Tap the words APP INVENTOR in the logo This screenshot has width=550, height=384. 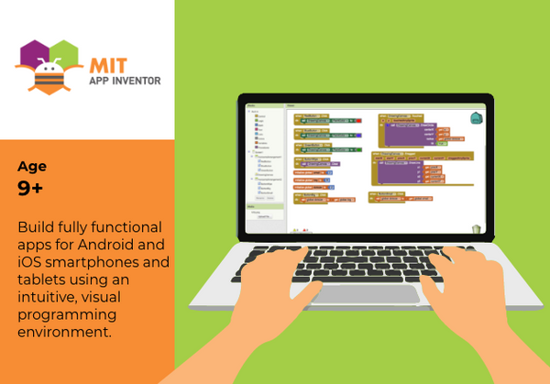[125, 81]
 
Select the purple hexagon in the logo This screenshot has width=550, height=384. [34, 56]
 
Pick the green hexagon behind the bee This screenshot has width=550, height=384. [64, 55]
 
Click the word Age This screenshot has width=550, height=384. [32, 167]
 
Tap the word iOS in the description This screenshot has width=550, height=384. [32, 262]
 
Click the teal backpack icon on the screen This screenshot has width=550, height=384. [474, 119]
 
